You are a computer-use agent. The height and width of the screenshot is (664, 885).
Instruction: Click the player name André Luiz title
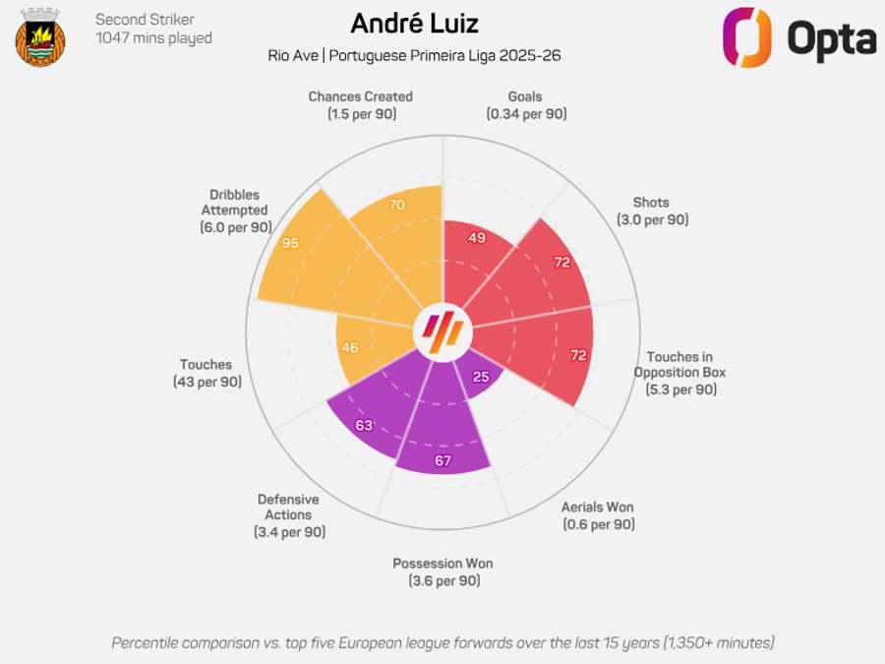[414, 24]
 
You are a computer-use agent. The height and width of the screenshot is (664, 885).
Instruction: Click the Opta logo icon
[747, 37]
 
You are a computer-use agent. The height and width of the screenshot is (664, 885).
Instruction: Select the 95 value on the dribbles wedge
[290, 242]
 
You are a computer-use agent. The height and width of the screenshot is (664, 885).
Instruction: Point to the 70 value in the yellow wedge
[397, 205]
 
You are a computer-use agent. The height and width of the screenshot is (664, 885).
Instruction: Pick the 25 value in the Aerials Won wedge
[481, 377]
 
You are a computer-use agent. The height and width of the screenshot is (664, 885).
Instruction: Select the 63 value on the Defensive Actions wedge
[364, 426]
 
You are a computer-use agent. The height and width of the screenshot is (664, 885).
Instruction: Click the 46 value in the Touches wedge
[349, 347]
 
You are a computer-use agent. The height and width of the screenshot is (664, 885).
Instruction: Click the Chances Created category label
[360, 104]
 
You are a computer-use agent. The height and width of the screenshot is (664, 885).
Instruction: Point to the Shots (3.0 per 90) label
[652, 211]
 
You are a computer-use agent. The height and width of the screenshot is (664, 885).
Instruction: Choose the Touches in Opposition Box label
[679, 373]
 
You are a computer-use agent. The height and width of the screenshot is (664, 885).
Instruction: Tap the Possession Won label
[442, 572]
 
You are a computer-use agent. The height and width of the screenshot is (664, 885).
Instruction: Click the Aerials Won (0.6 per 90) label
[598, 515]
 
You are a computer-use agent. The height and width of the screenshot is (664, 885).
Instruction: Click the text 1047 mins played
[153, 38]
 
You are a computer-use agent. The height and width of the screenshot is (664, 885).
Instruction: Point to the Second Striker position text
[145, 20]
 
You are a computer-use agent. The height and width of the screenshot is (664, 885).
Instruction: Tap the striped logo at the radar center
[442, 332]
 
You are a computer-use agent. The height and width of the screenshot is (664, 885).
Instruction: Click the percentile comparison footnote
[442, 642]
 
